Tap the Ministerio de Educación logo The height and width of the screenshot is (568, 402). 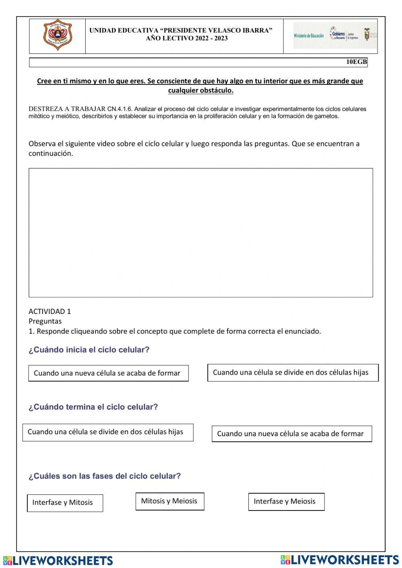coord(308,36)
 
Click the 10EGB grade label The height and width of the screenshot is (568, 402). coord(357,62)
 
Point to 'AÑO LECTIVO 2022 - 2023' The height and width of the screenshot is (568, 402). coord(187,39)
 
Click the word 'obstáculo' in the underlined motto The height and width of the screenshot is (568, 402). coord(217,90)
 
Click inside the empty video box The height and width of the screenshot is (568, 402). coord(201,233)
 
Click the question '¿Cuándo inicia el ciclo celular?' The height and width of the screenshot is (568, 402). coord(89,350)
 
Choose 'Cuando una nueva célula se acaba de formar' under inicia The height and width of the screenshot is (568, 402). coord(108,373)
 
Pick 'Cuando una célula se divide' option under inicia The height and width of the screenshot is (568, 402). coord(292,373)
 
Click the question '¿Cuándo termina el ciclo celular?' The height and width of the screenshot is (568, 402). coord(93,407)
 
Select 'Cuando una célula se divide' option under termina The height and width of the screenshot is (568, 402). coord(107,432)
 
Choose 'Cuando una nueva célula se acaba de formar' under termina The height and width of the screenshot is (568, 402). coord(291,434)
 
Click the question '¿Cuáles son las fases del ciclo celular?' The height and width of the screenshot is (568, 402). coord(105,476)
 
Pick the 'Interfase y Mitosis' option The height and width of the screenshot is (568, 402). coord(65,503)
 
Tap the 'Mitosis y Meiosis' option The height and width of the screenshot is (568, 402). coord(170,501)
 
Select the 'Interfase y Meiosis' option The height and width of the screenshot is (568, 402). coord(286,502)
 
